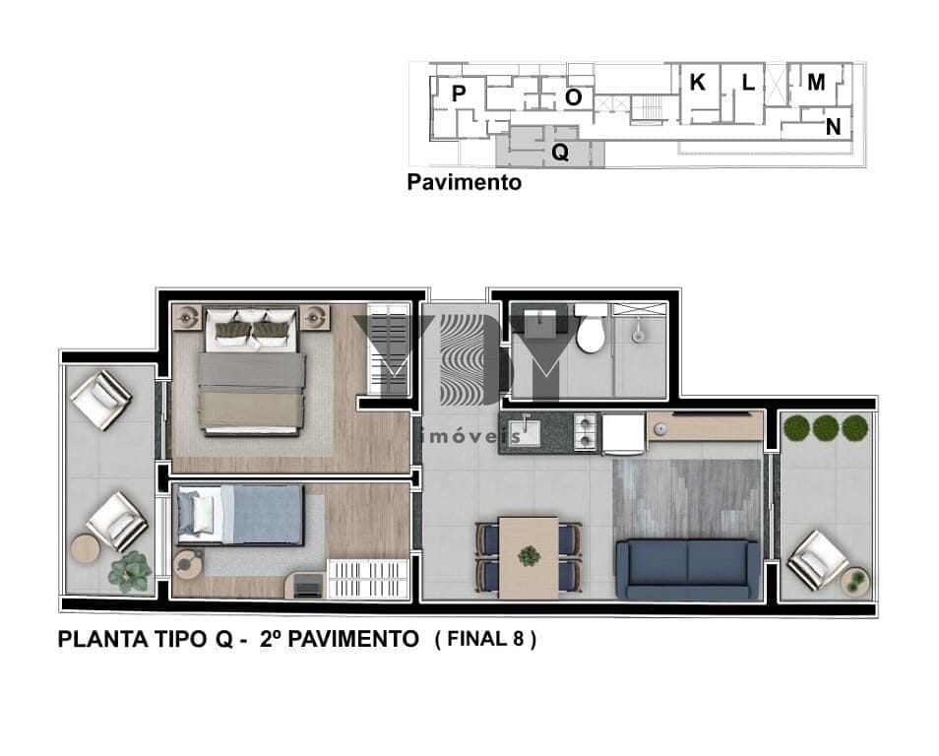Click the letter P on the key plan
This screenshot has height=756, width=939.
click(458, 94)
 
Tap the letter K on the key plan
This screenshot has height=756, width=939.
click(697, 82)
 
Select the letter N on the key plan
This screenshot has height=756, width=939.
click(833, 127)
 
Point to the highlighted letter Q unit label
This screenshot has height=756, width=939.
click(560, 153)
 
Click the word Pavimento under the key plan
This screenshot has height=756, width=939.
click(465, 182)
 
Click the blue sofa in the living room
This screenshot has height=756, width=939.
click(687, 569)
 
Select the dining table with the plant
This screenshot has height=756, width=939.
click(529, 557)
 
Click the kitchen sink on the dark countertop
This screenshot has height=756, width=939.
click(525, 432)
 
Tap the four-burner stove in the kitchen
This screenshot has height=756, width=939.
click(586, 431)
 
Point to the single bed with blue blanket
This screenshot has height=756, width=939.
click(239, 515)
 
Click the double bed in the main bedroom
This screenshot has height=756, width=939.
click(252, 370)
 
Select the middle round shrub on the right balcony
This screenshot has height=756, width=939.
click(826, 428)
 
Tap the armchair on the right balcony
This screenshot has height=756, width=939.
click(817, 560)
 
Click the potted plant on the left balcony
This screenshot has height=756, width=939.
click(129, 572)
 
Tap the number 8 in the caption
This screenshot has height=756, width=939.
click(518, 639)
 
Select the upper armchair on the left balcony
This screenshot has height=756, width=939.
click(100, 401)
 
